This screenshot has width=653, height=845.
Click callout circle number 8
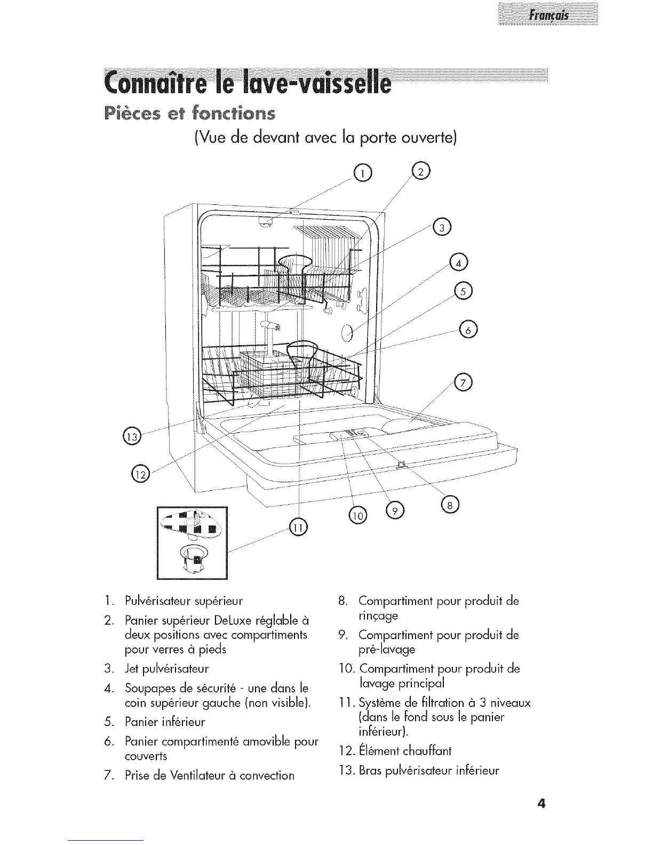tap(449, 506)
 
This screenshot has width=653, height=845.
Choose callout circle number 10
tap(356, 513)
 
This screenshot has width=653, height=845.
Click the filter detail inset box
tap(192, 541)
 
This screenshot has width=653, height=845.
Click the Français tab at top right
tap(548, 15)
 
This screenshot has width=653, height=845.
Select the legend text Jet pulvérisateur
tap(168, 669)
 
